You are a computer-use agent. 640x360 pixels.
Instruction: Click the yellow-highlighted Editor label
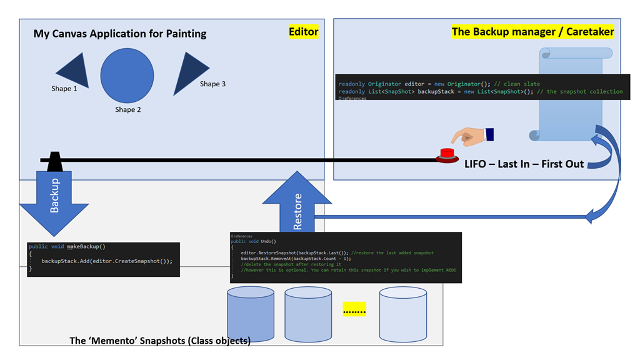coord(304,32)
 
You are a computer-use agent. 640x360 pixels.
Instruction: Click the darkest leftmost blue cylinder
coord(251,312)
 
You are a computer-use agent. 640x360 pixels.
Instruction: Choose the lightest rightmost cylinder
coord(402,314)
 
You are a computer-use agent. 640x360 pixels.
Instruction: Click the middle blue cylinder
coord(308,314)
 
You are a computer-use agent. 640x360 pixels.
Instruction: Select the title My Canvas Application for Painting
coord(120,34)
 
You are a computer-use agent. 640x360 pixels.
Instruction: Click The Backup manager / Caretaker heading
coord(532,31)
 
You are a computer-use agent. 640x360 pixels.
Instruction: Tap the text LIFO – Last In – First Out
coord(524,164)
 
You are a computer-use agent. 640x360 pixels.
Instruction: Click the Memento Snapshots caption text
coord(160,341)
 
